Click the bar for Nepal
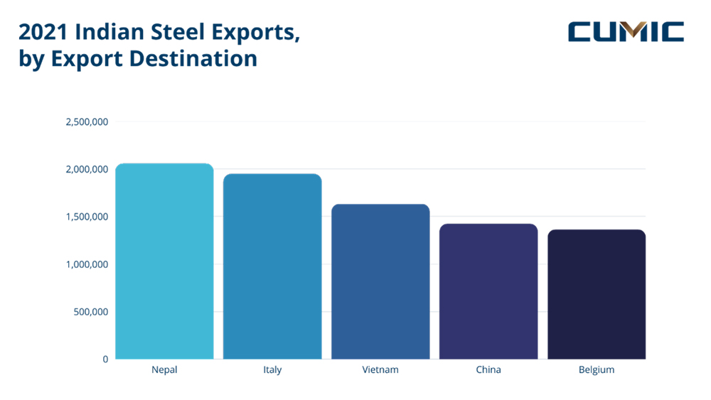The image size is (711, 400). [164, 261]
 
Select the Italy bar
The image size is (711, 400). [272, 266]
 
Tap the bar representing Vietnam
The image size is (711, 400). [380, 281]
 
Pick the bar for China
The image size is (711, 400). [488, 291]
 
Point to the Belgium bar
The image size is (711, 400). [597, 294]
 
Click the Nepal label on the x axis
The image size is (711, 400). [164, 370]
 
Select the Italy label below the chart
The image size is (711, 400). [272, 370]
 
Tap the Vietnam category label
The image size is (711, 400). [380, 370]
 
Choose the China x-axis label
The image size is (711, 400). [488, 370]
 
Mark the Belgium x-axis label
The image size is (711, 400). [597, 370]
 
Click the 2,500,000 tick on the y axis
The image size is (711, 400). [87, 122]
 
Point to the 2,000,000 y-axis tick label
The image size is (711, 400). [87, 169]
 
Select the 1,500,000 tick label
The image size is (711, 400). [87, 217]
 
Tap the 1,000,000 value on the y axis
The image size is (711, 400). [87, 264]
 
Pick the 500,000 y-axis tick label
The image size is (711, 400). [90, 312]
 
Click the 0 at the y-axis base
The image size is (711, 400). [105, 360]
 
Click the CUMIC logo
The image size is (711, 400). [626, 32]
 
